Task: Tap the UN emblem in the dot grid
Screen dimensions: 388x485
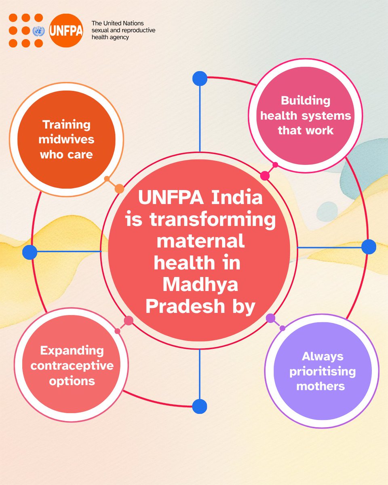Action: (39, 31)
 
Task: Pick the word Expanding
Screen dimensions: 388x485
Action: (72, 350)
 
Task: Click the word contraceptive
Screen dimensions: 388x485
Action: (72, 365)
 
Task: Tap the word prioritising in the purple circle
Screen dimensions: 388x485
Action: (323, 371)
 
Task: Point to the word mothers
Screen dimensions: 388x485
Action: (321, 386)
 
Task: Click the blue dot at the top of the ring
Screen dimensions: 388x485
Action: (200, 78)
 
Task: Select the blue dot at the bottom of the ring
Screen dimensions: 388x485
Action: (200, 407)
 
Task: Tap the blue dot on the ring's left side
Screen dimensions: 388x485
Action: (30, 252)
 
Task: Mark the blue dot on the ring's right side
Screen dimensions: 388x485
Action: (369, 247)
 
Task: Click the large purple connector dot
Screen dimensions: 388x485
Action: (271, 318)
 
